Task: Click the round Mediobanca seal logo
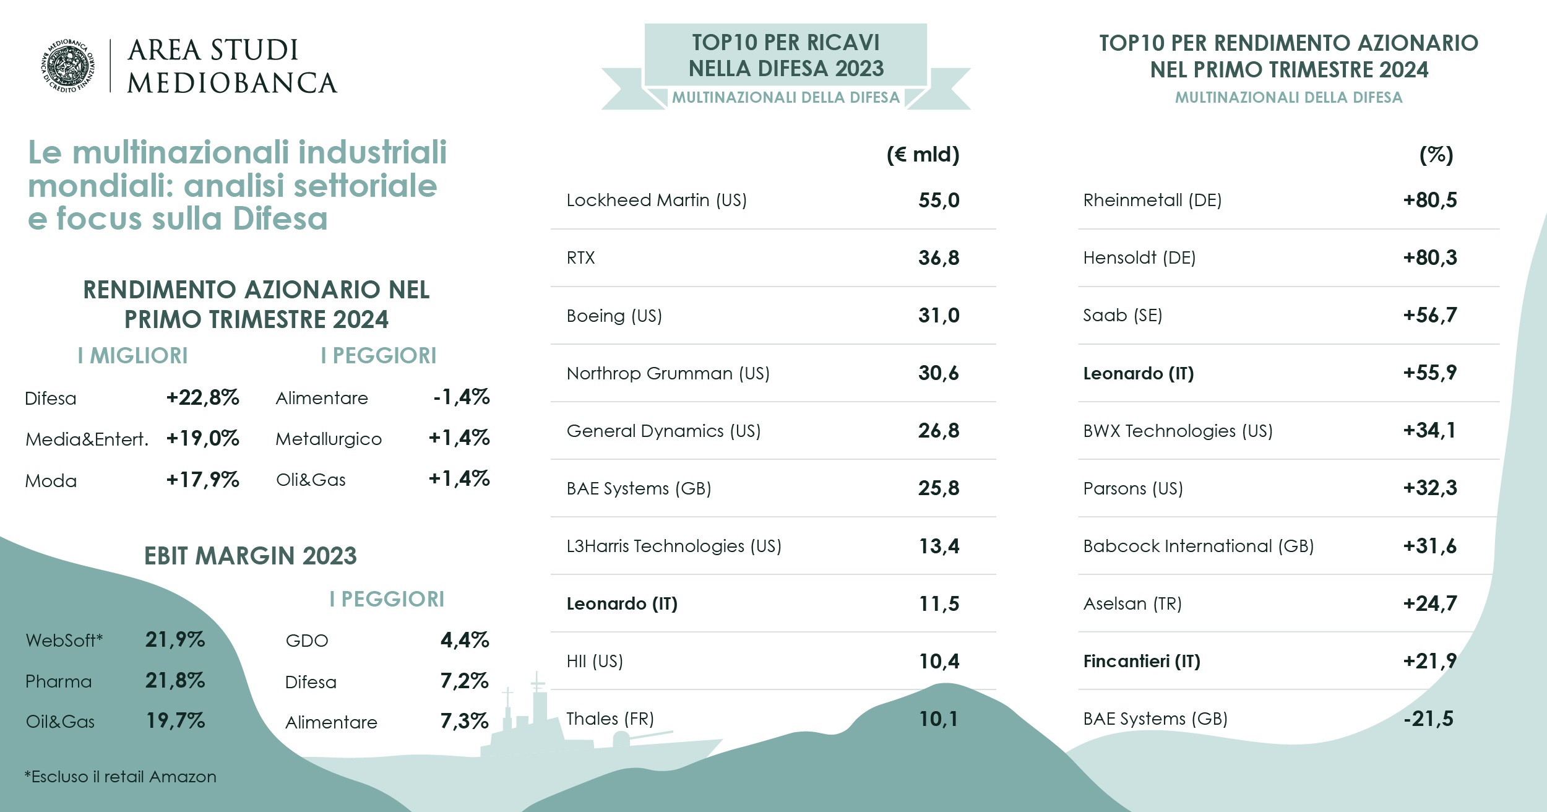68,66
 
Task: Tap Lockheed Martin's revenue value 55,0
938,201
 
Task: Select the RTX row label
580,258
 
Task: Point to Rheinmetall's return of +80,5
1429,201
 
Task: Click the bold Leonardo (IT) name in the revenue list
622,603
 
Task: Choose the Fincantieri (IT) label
1141,661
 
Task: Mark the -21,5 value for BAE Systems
1428,719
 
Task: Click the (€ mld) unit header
923,155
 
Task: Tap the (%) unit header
1436,155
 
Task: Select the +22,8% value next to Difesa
202,397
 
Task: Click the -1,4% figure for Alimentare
461,397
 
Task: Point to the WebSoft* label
64,640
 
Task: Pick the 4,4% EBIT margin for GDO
464,640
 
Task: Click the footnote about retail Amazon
121,777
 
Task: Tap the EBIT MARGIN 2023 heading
250,556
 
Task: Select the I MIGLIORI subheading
132,356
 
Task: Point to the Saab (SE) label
1122,316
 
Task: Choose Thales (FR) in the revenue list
610,719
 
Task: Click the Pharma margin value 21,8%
175,681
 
